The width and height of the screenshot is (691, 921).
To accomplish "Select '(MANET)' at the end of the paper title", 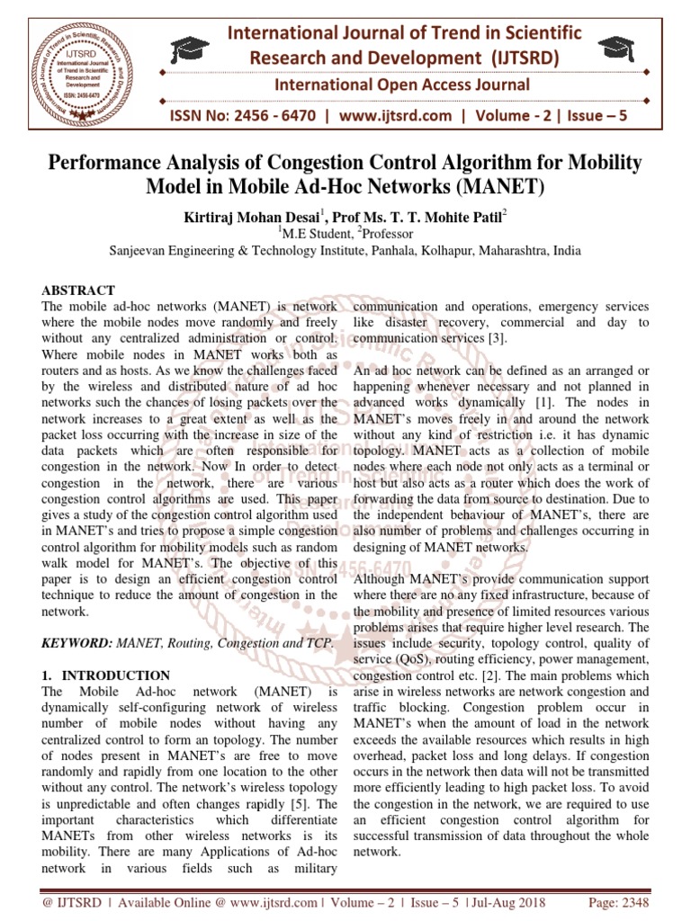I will pos(499,188).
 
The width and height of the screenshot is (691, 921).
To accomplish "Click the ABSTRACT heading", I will pos(79,290).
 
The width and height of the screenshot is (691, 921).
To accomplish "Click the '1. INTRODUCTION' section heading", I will pos(106,675).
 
